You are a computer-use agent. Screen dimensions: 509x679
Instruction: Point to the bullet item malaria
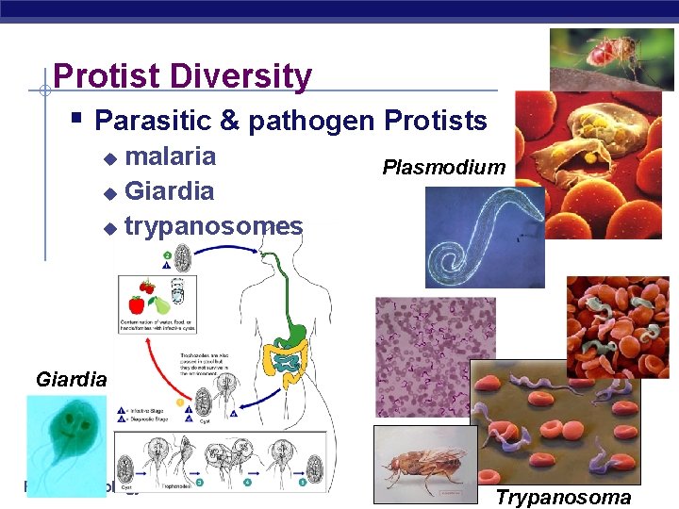pyautogui.click(x=170, y=156)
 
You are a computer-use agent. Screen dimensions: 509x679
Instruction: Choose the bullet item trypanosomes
pyautogui.click(x=213, y=226)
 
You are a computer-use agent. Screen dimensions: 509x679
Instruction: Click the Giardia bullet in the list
pyautogui.click(x=169, y=191)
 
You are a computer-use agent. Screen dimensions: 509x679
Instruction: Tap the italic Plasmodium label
pyautogui.click(x=443, y=168)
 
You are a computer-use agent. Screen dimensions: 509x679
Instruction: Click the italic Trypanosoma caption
pyautogui.click(x=563, y=498)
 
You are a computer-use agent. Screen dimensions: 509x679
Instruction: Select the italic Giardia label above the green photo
pyautogui.click(x=71, y=380)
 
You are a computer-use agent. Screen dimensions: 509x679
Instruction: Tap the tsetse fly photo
pyautogui.click(x=425, y=465)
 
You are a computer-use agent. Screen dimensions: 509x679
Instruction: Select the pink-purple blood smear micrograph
pyautogui.click(x=435, y=343)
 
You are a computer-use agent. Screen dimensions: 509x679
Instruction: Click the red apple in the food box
pyautogui.click(x=137, y=304)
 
